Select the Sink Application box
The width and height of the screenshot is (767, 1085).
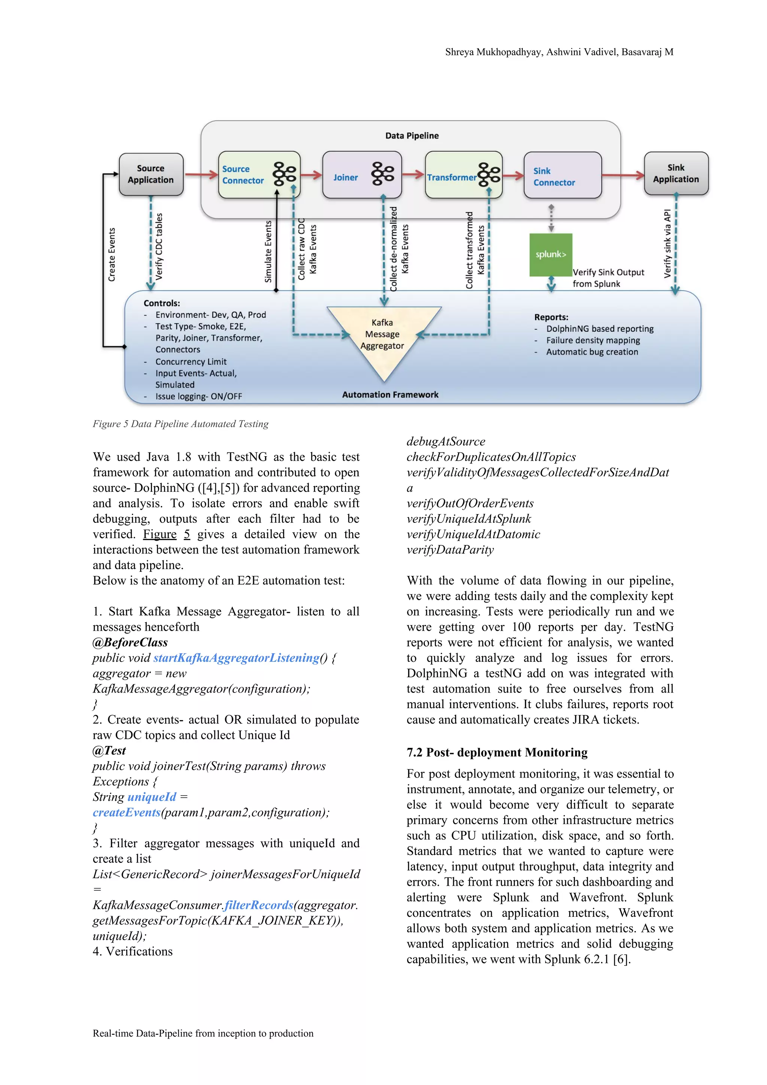(675, 173)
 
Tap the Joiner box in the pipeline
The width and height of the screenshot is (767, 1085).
(361, 175)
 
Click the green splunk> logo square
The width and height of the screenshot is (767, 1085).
(551, 254)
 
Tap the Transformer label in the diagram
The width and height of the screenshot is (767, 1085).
(451, 178)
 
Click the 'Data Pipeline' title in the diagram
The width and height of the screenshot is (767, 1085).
(412, 136)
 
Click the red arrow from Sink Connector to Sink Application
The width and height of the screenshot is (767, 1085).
(622, 176)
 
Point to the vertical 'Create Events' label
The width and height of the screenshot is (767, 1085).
(112, 255)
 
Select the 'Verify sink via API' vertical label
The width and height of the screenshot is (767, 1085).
(667, 243)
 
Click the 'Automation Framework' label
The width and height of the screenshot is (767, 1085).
(390, 395)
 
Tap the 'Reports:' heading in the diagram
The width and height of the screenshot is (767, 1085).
(551, 317)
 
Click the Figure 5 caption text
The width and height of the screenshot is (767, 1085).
(181, 424)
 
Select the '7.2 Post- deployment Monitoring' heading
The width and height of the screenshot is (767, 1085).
(497, 752)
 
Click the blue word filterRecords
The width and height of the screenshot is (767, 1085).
(258, 905)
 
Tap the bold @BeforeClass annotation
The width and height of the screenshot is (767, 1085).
(130, 642)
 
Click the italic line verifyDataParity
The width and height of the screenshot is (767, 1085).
(450, 549)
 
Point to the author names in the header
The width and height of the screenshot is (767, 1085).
(559, 52)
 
